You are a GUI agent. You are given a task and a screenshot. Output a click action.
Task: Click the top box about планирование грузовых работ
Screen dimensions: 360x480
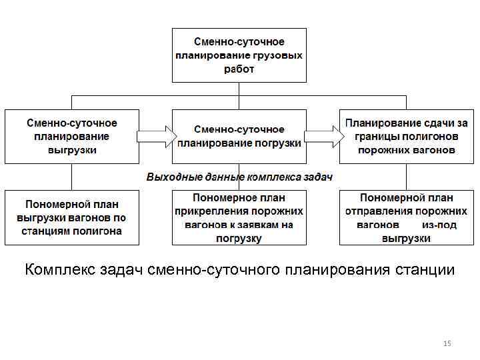[239, 55]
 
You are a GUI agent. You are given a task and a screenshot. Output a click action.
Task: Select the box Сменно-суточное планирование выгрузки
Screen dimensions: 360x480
[72, 137]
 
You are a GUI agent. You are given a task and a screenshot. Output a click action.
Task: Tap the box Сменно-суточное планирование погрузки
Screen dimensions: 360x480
[239, 137]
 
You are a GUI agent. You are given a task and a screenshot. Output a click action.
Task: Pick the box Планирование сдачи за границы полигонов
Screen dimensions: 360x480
[406, 137]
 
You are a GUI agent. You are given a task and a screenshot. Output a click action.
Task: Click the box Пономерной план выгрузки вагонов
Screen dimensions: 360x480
[72, 217]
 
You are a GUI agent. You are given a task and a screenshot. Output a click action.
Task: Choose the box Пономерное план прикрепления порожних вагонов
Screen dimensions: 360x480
[239, 217]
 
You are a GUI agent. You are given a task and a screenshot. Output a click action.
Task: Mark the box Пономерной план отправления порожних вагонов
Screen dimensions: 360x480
[406, 217]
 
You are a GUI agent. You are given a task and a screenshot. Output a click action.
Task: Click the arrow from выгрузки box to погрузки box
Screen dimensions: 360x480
[156, 137]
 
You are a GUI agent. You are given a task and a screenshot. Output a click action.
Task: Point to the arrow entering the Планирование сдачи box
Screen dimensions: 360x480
[323, 137]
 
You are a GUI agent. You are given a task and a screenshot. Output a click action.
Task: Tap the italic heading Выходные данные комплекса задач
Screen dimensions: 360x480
[239, 177]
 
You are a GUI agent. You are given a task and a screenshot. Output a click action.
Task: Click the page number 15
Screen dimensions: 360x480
[447, 343]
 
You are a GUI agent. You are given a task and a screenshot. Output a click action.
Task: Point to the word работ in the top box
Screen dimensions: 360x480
[239, 69]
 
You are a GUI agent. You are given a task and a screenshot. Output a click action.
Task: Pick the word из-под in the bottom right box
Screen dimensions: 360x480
[439, 225]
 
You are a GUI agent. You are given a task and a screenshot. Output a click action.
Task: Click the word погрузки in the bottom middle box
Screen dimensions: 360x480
[239, 237]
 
